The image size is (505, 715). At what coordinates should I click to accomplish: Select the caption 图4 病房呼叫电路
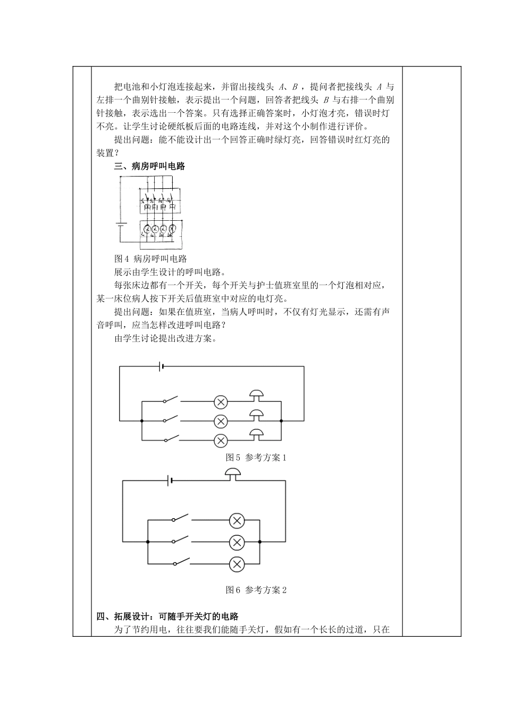pos(150,259)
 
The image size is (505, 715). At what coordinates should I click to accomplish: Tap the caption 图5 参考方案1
pos(256,458)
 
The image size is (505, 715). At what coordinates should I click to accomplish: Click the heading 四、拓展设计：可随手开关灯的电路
pos(167,617)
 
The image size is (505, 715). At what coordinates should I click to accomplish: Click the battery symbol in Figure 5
pos(161,366)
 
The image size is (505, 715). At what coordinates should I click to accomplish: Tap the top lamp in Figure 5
pos(221,402)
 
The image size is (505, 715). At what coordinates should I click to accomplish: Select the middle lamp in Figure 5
pos(221,421)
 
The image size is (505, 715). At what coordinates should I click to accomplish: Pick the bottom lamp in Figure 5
pos(221,440)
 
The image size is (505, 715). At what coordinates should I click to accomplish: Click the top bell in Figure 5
pos(257,395)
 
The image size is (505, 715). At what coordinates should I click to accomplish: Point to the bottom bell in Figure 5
pos(257,434)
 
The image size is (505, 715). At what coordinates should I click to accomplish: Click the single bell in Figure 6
pos(233,473)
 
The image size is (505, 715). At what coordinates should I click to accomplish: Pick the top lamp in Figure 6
pos(237,520)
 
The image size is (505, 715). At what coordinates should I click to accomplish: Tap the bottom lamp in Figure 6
pos(237,563)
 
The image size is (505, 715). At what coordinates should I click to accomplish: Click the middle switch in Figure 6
pos(180,541)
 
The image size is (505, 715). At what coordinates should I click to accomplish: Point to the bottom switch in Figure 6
pos(180,561)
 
